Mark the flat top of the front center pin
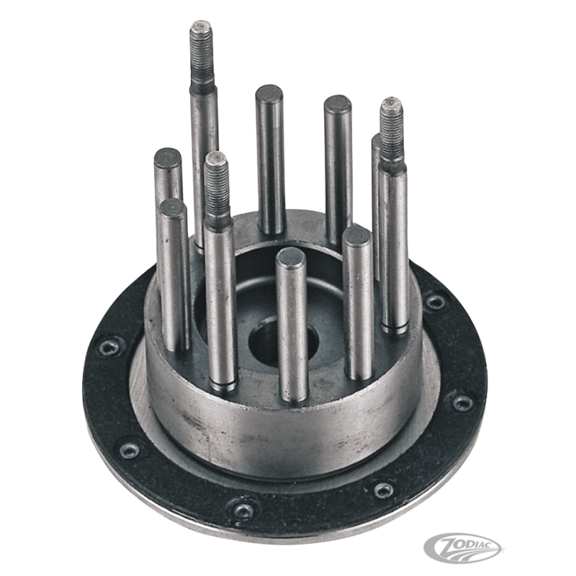[x=291, y=256]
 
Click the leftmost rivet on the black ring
[x=109, y=348]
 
